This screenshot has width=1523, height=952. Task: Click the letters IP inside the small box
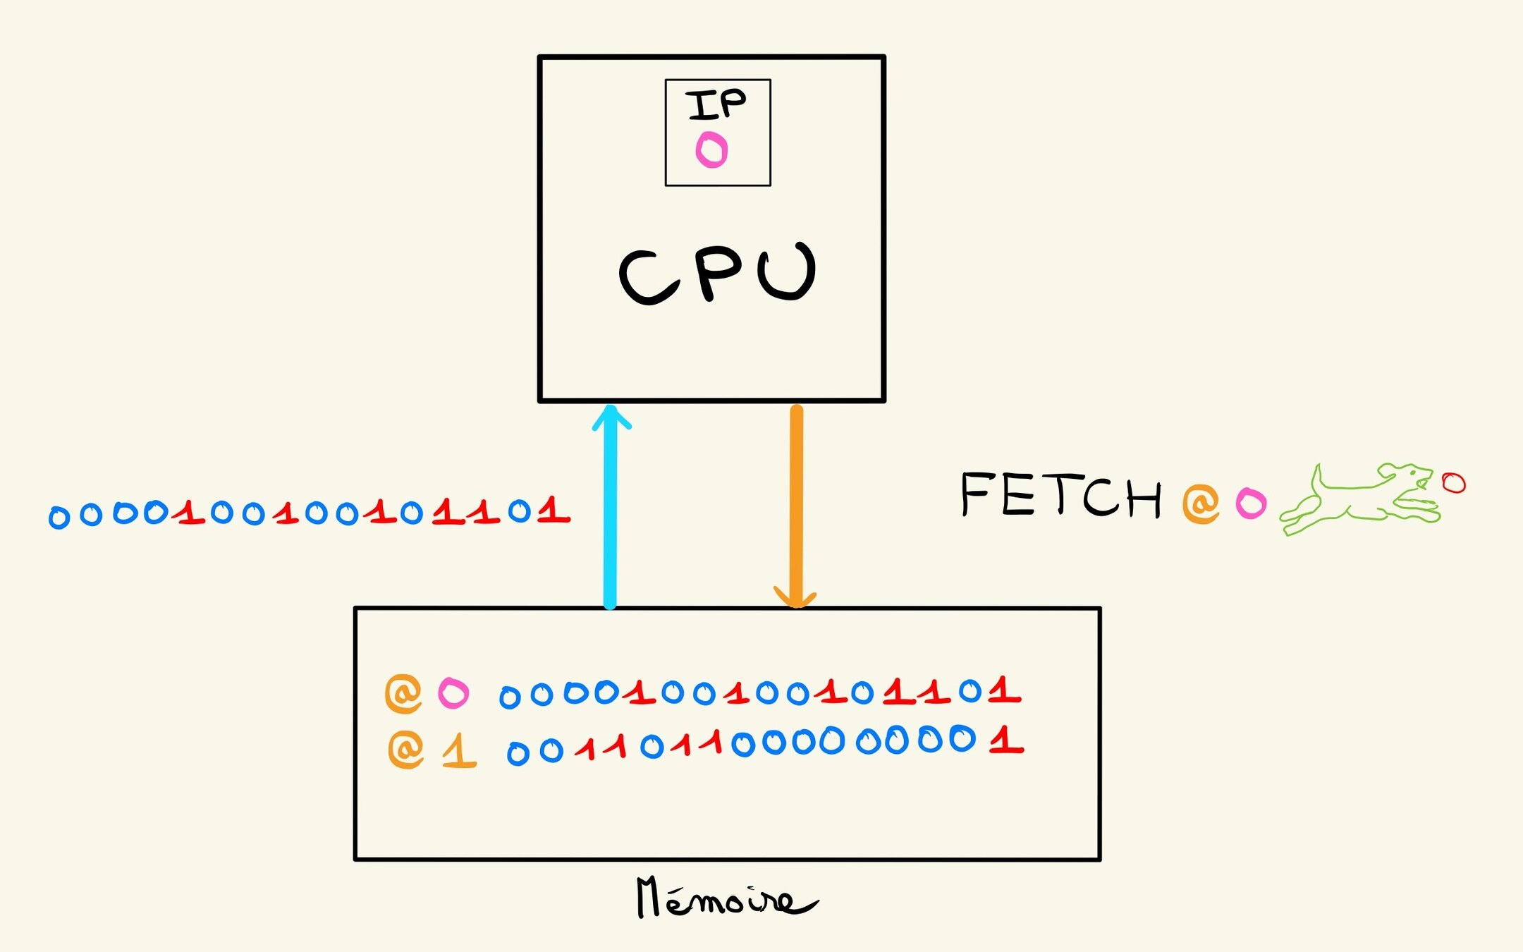(x=716, y=105)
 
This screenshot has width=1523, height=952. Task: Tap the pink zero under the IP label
(x=711, y=149)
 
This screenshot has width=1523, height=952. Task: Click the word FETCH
(x=1060, y=496)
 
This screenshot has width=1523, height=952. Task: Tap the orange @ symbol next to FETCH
(x=1201, y=503)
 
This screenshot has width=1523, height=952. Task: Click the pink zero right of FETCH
(x=1251, y=504)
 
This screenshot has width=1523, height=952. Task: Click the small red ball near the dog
(x=1453, y=483)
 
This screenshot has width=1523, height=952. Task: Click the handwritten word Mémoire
(x=726, y=898)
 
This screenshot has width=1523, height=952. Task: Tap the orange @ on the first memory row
(x=403, y=693)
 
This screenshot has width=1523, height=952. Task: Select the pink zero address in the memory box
(x=453, y=693)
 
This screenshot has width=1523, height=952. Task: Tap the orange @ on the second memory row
(x=406, y=749)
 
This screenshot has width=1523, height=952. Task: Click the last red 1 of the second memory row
(x=1005, y=741)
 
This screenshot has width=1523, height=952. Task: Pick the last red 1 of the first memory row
(x=1003, y=690)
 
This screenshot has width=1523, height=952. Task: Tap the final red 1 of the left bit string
(x=553, y=510)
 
